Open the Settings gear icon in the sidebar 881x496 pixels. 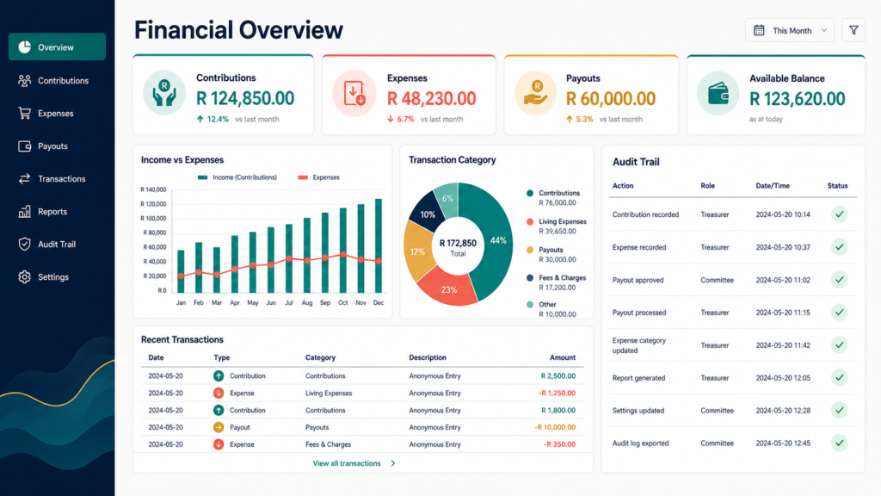point(24,277)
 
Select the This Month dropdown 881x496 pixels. point(790,30)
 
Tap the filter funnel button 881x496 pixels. point(853,30)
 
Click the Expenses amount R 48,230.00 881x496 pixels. point(432,99)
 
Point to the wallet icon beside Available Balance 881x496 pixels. point(718,94)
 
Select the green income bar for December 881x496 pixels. point(379,245)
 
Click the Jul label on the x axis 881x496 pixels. point(289,302)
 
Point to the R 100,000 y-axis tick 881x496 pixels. point(153,218)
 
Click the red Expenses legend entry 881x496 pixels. point(318,177)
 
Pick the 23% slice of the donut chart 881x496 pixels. point(447,288)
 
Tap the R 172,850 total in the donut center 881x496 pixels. point(458,243)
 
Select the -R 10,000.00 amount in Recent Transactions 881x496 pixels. point(555,427)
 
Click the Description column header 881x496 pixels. point(428,357)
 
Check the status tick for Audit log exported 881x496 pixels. point(840,443)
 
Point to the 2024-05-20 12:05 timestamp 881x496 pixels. point(783,378)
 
